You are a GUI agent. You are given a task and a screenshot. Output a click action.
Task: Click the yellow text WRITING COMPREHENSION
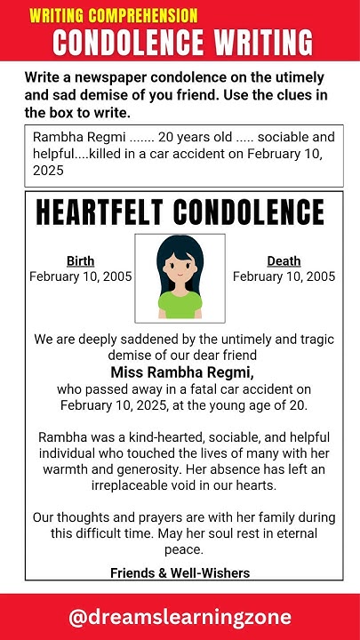113,15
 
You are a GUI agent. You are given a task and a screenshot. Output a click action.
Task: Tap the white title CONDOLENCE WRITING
182,42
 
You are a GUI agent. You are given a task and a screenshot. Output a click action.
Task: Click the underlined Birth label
80,260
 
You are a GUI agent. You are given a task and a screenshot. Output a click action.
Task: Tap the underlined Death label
284,260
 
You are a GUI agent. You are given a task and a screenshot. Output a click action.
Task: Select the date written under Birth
80,276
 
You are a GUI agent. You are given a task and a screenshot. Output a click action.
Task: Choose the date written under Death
284,276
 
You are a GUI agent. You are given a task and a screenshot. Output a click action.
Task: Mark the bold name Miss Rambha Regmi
182,372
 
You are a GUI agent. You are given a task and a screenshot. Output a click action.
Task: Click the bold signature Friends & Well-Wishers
180,572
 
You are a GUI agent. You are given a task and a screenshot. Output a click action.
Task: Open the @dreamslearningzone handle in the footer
180,617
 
